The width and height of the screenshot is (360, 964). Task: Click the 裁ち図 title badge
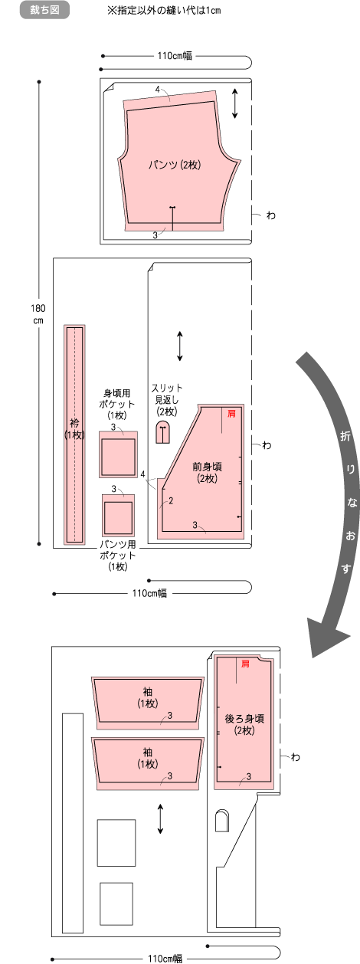(x=44, y=10)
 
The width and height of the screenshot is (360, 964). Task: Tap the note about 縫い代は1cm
(x=164, y=10)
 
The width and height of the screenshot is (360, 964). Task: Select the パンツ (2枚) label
(x=175, y=165)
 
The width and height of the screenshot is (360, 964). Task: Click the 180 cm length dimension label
(x=38, y=314)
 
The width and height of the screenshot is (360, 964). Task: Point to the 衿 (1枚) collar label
(x=74, y=428)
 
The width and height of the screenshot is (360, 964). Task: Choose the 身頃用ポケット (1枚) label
(x=117, y=404)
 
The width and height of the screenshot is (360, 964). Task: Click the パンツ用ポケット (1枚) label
(x=117, y=555)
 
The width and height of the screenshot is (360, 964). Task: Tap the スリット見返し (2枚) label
(x=167, y=400)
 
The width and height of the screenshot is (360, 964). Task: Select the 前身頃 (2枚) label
(x=208, y=472)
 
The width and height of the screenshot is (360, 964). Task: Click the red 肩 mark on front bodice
(x=231, y=414)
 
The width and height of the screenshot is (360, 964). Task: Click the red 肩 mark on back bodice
(x=245, y=664)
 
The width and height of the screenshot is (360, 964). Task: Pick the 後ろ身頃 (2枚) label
(x=244, y=724)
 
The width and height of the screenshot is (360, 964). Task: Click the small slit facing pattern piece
(x=162, y=432)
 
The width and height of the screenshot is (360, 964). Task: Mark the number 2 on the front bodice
(x=171, y=500)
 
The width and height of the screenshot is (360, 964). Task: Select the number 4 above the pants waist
(x=158, y=90)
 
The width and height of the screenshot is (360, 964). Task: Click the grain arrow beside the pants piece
(x=235, y=103)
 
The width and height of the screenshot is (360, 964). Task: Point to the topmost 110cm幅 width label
(x=175, y=55)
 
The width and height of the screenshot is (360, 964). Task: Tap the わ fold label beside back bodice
(x=295, y=756)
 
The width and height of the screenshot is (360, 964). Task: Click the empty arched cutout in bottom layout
(x=221, y=821)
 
